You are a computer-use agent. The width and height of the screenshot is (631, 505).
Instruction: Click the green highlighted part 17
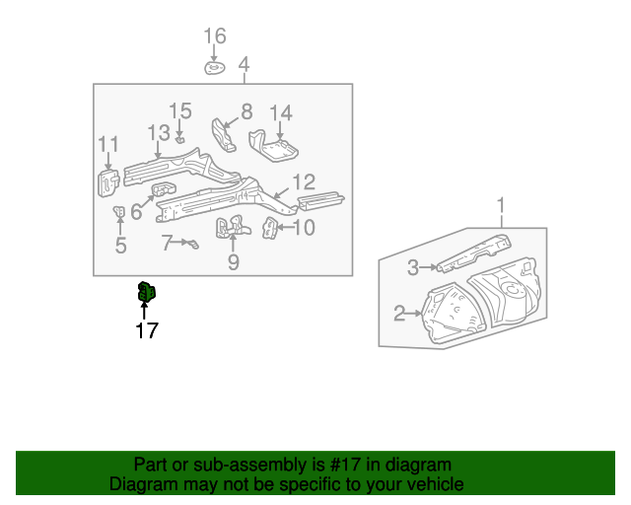click(x=146, y=293)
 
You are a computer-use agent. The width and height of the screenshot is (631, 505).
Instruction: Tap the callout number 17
click(x=147, y=331)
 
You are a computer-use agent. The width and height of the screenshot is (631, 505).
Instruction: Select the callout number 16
click(x=215, y=36)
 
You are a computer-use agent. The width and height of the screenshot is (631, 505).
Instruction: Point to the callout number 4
click(x=244, y=66)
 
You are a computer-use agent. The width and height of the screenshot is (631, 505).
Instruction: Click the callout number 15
click(x=179, y=110)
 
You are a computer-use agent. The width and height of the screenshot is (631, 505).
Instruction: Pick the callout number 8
click(x=245, y=111)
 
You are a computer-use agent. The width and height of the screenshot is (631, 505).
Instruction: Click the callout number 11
click(x=107, y=146)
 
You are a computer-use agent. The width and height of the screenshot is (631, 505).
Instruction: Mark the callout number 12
click(x=304, y=181)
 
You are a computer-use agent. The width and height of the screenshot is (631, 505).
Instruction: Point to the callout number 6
click(x=136, y=211)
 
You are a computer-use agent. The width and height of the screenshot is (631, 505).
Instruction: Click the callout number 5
click(x=120, y=246)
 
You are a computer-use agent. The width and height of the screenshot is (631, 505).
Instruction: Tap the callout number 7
click(x=168, y=241)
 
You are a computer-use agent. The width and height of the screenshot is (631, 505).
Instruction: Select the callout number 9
click(x=233, y=261)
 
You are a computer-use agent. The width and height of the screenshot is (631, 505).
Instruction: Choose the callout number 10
click(x=304, y=228)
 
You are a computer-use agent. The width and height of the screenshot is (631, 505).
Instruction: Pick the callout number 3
click(x=414, y=265)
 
